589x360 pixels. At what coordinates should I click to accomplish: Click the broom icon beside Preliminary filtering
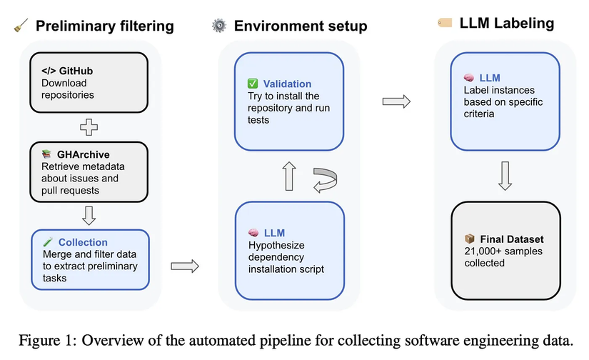[19, 26]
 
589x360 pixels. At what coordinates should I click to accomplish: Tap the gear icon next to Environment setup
[218, 26]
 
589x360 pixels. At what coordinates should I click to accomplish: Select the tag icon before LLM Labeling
[444, 23]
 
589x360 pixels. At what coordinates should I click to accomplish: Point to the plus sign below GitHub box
[89, 129]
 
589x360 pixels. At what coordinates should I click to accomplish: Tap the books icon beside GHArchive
[46, 154]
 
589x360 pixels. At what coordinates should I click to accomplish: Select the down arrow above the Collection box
[89, 214]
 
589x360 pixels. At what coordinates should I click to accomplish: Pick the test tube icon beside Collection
[46, 242]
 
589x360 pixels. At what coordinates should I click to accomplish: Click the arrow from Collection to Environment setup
[185, 266]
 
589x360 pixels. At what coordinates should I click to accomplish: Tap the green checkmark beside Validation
[253, 84]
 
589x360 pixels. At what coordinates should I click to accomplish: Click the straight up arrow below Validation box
[289, 176]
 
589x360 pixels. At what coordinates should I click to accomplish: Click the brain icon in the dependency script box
[253, 233]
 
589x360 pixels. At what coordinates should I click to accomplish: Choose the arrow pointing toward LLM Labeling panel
[396, 101]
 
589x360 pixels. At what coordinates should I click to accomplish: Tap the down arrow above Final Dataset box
[504, 176]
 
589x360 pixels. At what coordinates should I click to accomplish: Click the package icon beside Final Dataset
[469, 239]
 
